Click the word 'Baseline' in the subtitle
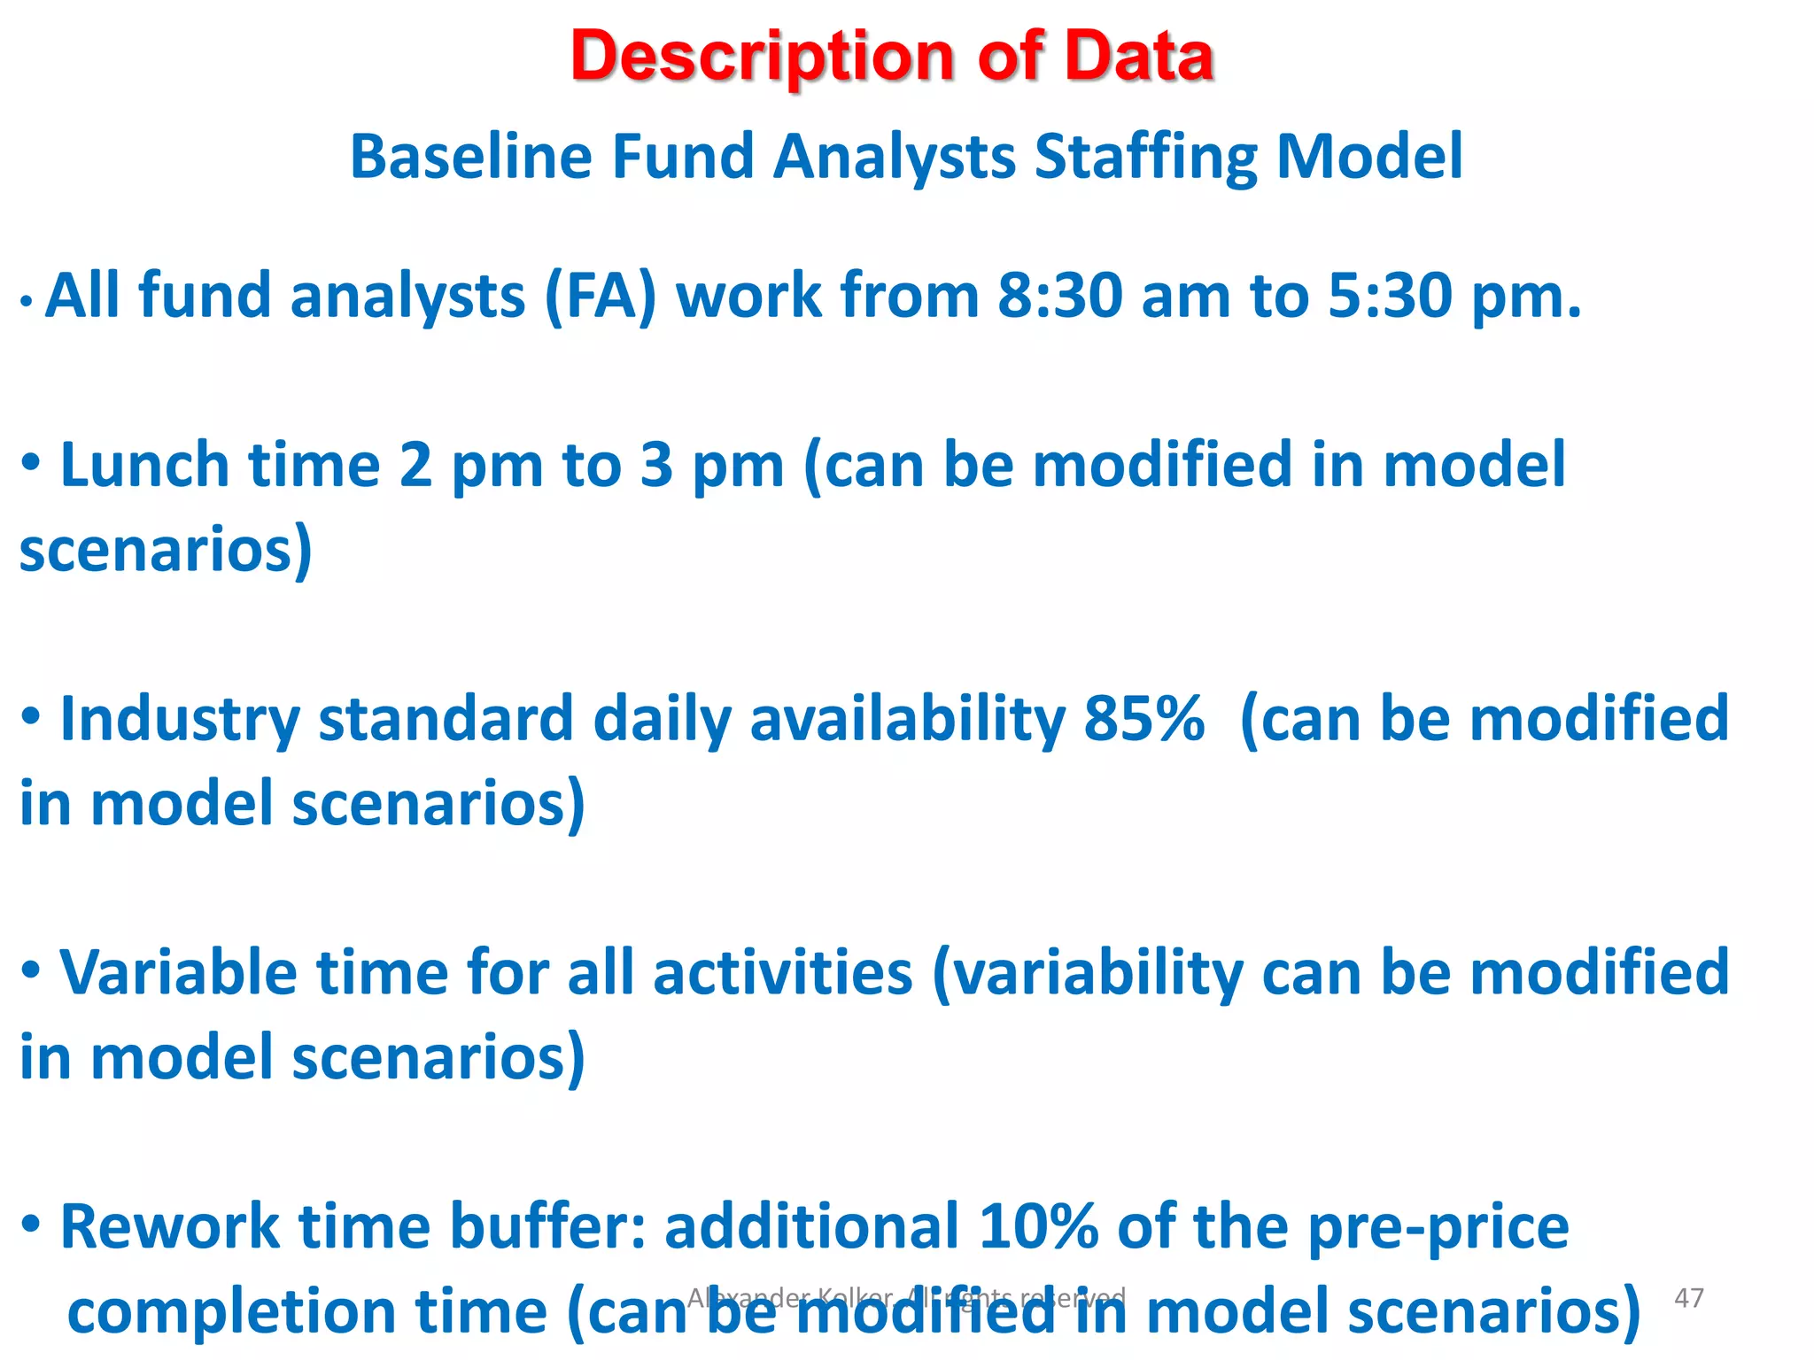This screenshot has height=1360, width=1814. pyautogui.click(x=470, y=157)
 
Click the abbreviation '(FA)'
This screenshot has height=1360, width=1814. pyautogui.click(x=601, y=296)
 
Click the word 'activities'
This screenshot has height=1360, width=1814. pyautogui.click(x=782, y=973)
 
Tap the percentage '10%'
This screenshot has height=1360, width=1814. pyautogui.click(x=1038, y=1227)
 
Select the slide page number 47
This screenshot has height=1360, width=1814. pyautogui.click(x=1689, y=1298)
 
